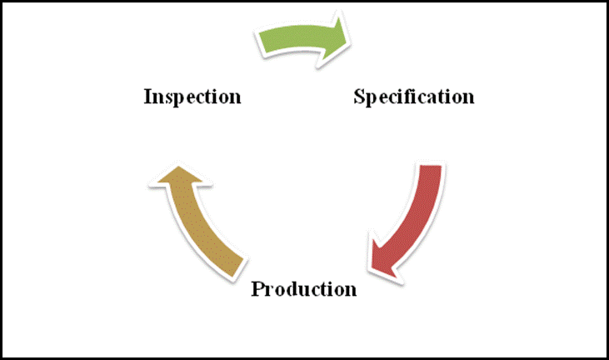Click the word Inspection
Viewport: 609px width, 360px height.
(192, 97)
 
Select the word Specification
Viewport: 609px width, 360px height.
(414, 97)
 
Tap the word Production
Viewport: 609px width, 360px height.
(304, 289)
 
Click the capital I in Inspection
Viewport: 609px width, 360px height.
(148, 97)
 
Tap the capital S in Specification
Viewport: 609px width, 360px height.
(360, 97)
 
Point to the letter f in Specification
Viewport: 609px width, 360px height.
(417, 96)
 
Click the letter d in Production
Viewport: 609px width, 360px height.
(293, 289)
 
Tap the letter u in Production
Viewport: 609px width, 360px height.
(304, 291)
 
